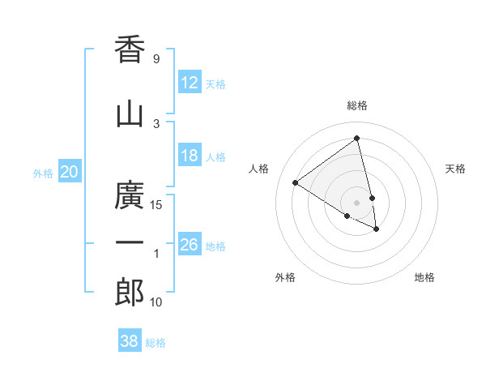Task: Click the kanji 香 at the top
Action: (130, 49)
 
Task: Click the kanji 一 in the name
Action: (130, 242)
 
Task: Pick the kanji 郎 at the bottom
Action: (130, 292)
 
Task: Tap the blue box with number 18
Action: (190, 156)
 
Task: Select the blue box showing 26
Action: (190, 244)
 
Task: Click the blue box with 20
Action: (70, 171)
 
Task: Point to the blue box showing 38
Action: (130, 341)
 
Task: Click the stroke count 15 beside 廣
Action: (156, 204)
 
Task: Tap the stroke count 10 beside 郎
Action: (156, 302)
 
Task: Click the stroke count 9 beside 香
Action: (156, 59)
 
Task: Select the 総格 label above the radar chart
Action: (357, 105)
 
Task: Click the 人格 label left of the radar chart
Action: (259, 169)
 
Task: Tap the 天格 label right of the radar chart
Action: (456, 169)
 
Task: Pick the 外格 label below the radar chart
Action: (285, 277)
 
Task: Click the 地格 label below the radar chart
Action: (424, 277)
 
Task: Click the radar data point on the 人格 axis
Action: (296, 183)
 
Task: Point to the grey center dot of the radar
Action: (357, 202)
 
